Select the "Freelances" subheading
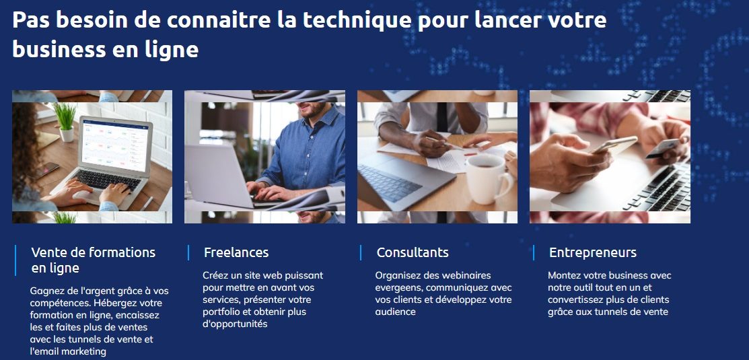point(236,252)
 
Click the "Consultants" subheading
point(413,252)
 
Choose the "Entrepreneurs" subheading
point(592,252)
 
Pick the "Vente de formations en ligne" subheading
point(93,260)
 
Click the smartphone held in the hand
point(614,145)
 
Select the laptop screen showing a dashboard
point(116,145)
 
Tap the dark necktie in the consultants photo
point(442,118)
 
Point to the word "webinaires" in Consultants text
point(466,275)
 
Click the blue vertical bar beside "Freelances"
point(188,252)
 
